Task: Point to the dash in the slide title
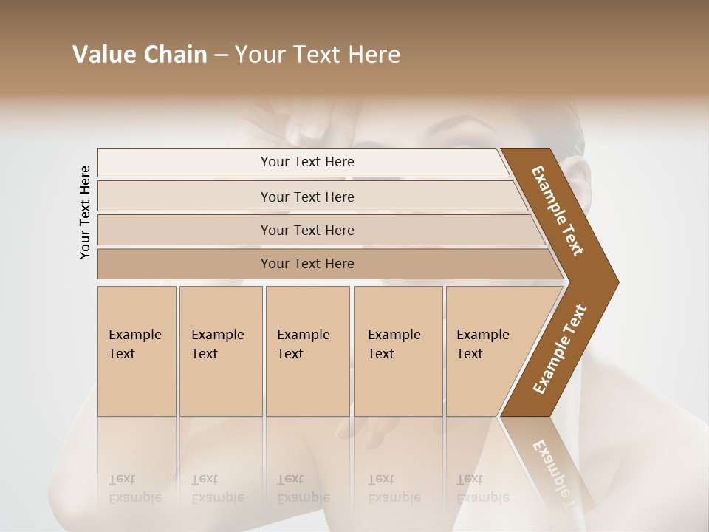point(221,55)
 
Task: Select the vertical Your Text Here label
point(85,212)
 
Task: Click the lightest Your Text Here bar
point(306,162)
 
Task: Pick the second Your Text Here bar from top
point(306,197)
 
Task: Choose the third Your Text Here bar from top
point(306,230)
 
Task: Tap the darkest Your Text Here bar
point(306,264)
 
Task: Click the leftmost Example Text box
point(137,351)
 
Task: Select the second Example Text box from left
point(220,351)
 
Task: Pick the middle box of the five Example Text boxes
point(307,351)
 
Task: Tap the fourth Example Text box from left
point(397,351)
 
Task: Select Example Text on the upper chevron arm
point(558,211)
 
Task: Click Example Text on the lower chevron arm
point(560,349)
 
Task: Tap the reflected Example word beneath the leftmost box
point(135,497)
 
